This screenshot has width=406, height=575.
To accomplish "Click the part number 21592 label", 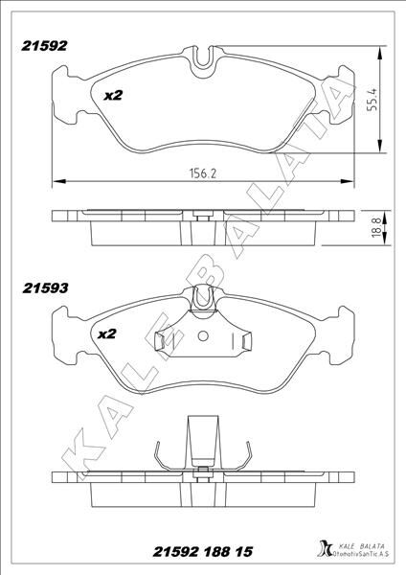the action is click(44, 46).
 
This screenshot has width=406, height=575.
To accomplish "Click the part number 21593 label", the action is click(45, 288).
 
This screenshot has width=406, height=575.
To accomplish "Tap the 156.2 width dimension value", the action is click(203, 173).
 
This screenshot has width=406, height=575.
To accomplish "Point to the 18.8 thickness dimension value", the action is click(376, 228).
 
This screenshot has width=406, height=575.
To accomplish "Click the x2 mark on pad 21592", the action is click(113, 96).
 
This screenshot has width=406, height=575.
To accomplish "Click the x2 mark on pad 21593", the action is click(107, 333).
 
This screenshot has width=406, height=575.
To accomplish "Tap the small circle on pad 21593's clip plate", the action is click(203, 335).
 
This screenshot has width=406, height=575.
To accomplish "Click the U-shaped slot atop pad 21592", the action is click(203, 57).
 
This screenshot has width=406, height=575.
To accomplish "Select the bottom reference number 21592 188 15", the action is click(203, 551).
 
